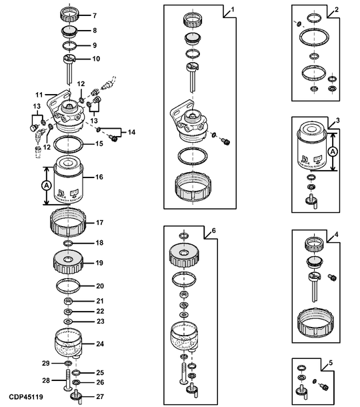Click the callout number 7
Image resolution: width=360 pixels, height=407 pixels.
[93, 15]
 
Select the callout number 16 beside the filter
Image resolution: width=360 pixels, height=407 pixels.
[98, 177]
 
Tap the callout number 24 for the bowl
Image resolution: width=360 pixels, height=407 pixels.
[99, 344]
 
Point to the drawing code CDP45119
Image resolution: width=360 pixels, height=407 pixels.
[26, 398]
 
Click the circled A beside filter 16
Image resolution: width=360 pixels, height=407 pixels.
[47, 184]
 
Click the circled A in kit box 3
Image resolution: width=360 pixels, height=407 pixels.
[333, 151]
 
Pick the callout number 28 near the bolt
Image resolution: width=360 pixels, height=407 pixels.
[46, 380]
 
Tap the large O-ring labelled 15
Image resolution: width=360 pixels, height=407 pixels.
[69, 143]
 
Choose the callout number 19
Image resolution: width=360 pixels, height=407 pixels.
[99, 264]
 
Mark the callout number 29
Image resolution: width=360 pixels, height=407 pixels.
[46, 362]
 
